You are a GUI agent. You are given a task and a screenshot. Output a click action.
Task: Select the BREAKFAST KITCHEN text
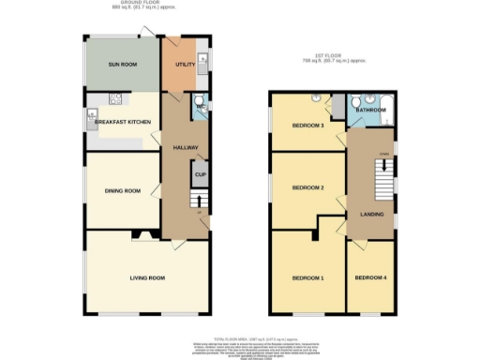[123, 122]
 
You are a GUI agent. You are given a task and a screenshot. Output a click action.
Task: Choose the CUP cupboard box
[200, 173]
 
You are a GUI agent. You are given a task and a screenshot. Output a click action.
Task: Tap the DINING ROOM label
[123, 191]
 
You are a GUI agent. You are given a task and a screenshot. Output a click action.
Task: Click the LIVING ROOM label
[147, 277]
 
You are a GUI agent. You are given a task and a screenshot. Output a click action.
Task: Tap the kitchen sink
[92, 117]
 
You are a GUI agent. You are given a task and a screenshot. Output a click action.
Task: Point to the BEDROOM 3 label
[307, 126]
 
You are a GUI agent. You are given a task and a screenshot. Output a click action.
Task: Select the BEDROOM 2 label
[307, 187]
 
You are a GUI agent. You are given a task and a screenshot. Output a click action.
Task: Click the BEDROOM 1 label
[307, 278]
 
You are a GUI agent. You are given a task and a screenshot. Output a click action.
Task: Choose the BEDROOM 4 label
[368, 278]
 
